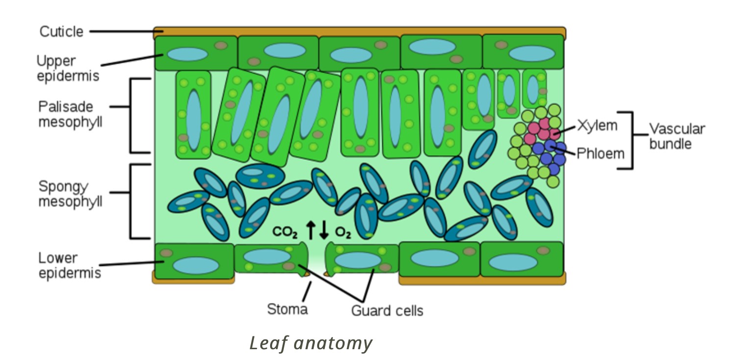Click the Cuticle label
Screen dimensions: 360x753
(61, 32)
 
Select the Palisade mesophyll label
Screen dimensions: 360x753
(70, 114)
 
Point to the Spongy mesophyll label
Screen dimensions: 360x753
(70, 194)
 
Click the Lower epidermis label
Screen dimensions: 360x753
(69, 265)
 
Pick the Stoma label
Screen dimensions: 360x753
(287, 309)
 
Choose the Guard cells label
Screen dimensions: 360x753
(387, 310)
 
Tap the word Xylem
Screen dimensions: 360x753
(597, 126)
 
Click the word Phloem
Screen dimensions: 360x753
(601, 154)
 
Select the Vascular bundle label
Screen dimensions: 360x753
(677, 136)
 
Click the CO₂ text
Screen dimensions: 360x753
(285, 231)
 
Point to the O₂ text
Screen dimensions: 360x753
(343, 232)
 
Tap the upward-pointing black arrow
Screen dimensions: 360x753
(310, 230)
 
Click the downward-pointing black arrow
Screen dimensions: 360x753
(324, 230)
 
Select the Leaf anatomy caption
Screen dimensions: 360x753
(311, 343)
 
